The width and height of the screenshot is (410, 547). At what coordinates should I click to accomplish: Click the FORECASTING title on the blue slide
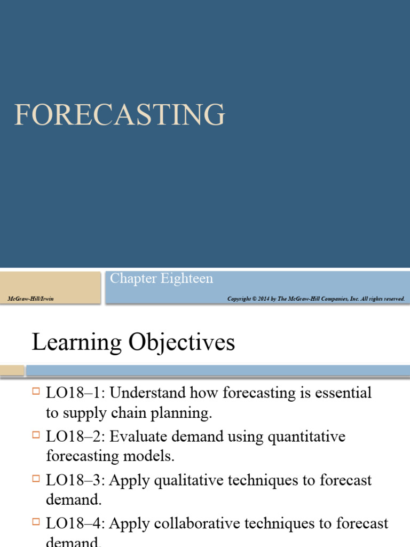click(120, 114)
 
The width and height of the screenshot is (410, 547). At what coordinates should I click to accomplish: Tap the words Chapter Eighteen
click(161, 278)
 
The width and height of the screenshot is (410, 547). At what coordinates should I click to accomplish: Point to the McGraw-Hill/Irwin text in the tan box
click(31, 299)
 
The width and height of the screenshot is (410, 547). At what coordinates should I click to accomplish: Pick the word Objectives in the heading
click(177, 342)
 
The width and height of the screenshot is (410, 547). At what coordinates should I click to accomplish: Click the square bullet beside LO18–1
click(36, 392)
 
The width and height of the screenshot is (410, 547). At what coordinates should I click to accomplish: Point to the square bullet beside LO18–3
click(36, 479)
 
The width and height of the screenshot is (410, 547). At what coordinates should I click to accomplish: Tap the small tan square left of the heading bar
click(12, 370)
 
